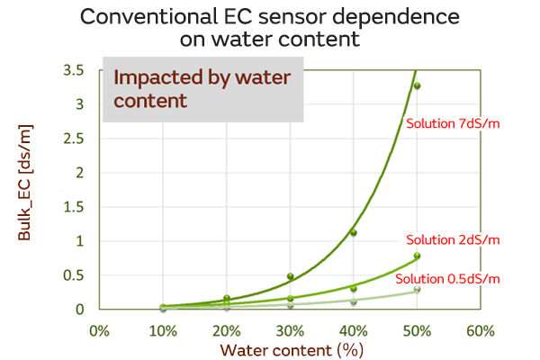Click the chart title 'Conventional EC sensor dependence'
coord(270,17)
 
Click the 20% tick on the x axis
coord(226,330)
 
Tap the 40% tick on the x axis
coord(354,330)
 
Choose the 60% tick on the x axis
coord(481,330)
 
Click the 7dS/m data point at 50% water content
coord(418,85)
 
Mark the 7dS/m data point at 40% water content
coord(354,233)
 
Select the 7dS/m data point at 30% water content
coord(290,276)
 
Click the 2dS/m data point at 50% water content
coord(418,256)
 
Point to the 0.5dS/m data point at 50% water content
coord(418,289)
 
